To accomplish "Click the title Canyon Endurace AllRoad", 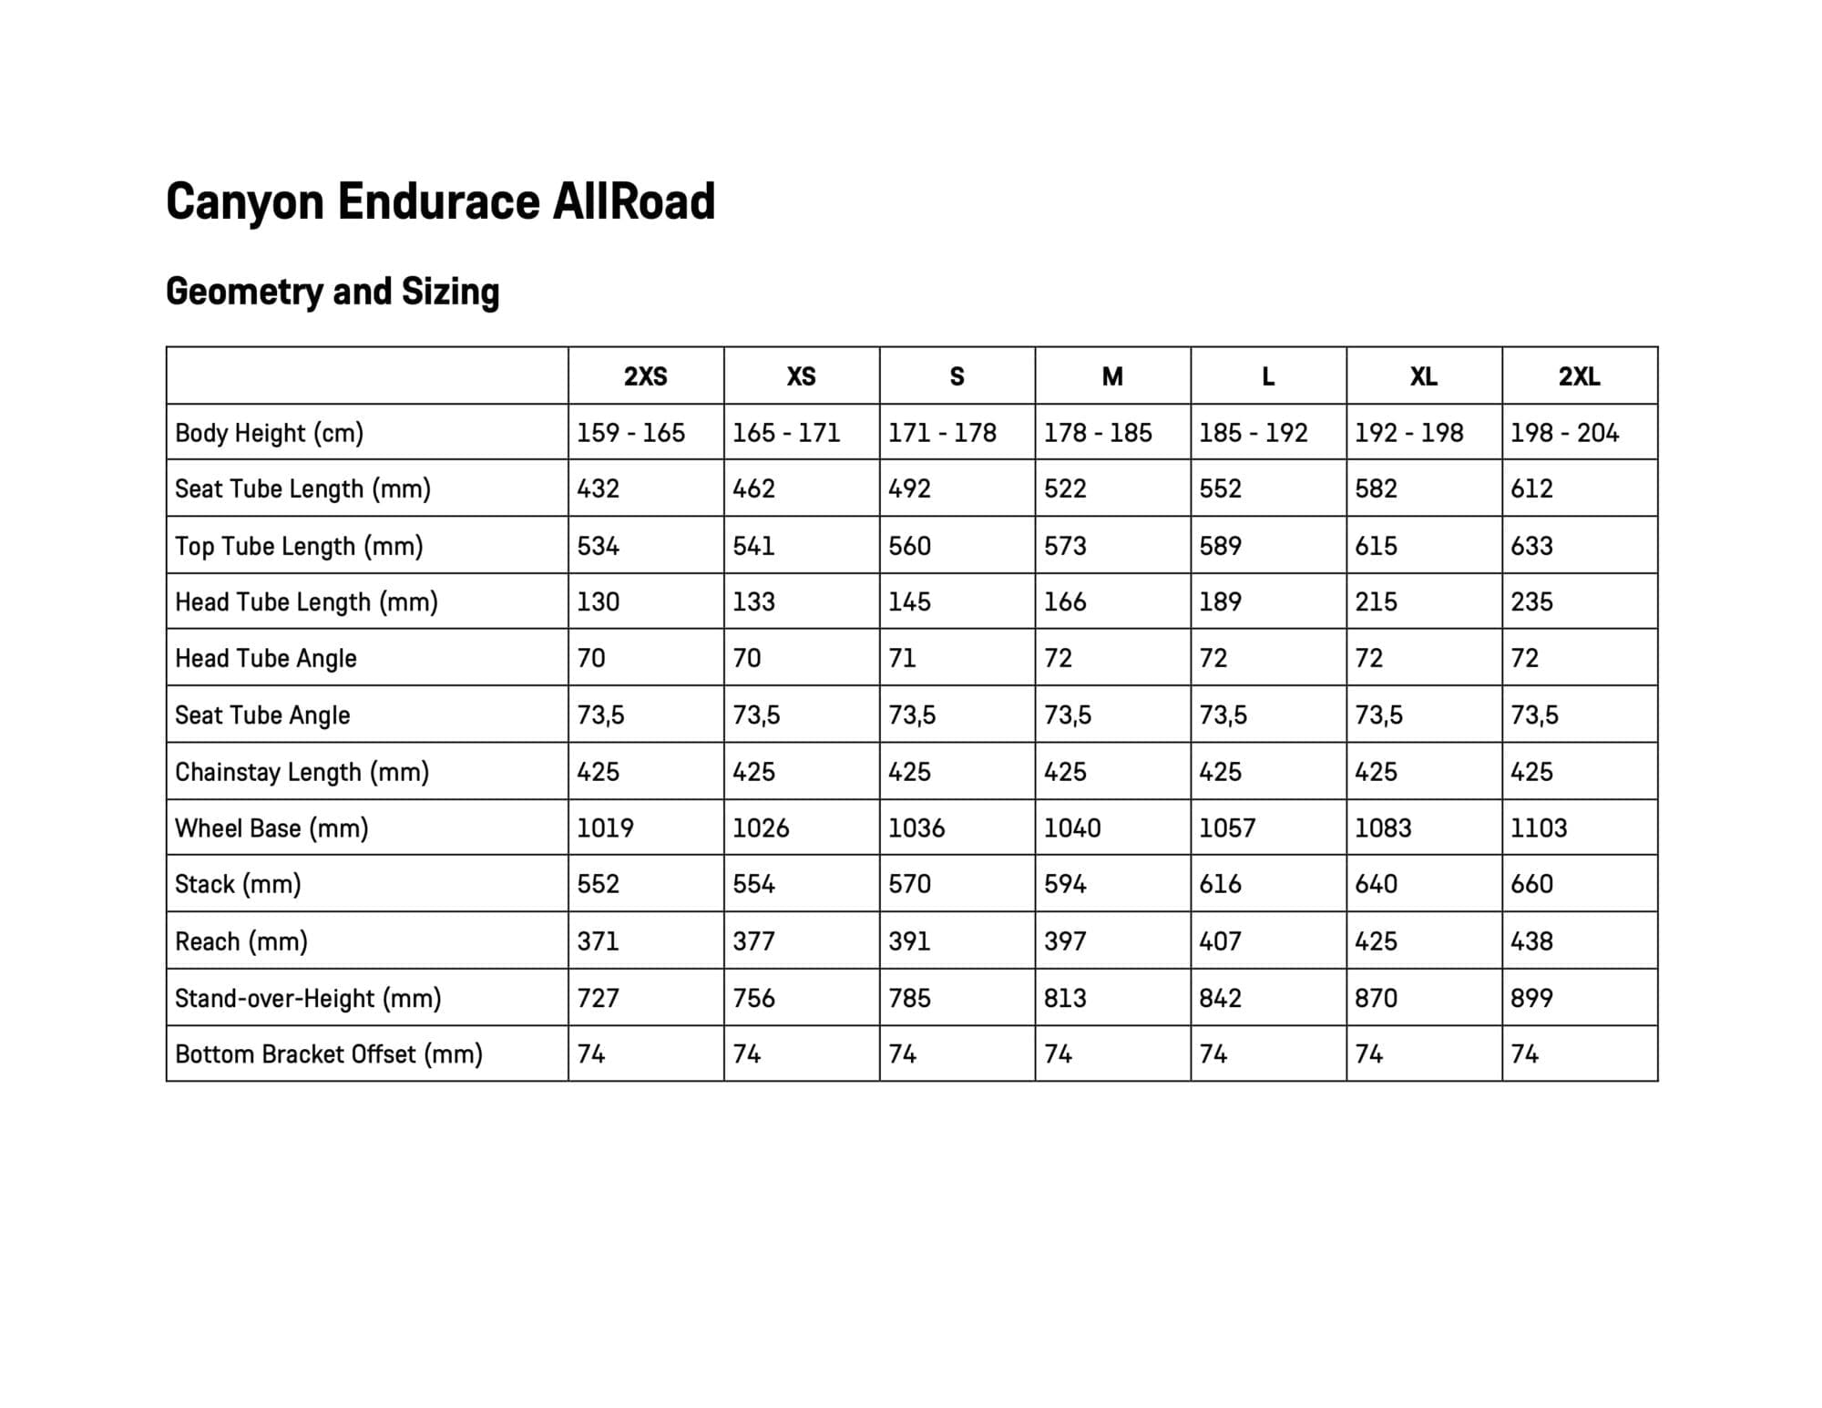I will pos(440,201).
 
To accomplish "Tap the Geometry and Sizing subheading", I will pos(333,292).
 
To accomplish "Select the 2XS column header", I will pos(645,376).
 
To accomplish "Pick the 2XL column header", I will pos(1579,376).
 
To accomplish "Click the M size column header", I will pos(1112,376).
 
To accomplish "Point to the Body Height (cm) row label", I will pos(269,433).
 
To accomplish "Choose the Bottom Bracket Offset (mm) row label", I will pos(328,1054).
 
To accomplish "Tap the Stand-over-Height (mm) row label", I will pos(308,998).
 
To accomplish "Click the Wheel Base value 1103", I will pos(1539,827).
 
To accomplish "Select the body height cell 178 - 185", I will pos(1098,433).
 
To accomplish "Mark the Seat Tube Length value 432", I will pos(598,488).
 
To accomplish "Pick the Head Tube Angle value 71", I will pos(902,658).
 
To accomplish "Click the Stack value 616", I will pos(1220,884).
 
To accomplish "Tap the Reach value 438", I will pos(1531,940).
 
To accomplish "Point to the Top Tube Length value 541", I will pos(753,546).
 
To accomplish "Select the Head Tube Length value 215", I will pos(1376,601).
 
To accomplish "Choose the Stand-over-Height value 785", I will pos(909,998).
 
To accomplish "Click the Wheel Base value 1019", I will pos(605,827).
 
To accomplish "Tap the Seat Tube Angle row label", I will pos(262,715).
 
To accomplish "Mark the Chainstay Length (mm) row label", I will pos(302,772).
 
